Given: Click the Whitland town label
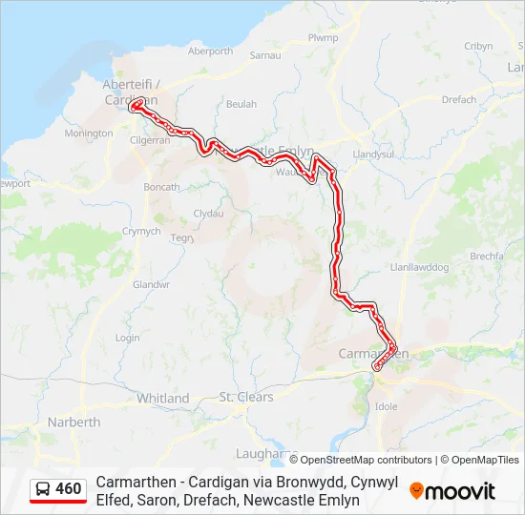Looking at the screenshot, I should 163,398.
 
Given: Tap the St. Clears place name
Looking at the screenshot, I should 246,397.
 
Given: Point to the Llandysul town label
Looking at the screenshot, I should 373,154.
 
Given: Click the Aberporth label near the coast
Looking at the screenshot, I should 211,51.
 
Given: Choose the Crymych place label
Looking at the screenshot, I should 142,231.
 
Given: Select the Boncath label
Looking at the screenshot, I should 160,187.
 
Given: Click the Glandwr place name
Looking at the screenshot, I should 151,284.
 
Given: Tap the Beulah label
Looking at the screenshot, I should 241,103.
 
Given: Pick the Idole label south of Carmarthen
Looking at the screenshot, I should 387,406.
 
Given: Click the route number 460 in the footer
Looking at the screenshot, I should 69,489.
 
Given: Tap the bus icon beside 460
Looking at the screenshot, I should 43,489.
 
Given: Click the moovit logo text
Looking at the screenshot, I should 461,491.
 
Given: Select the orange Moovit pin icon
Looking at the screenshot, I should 416,490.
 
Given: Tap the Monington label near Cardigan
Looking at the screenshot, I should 88,134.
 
